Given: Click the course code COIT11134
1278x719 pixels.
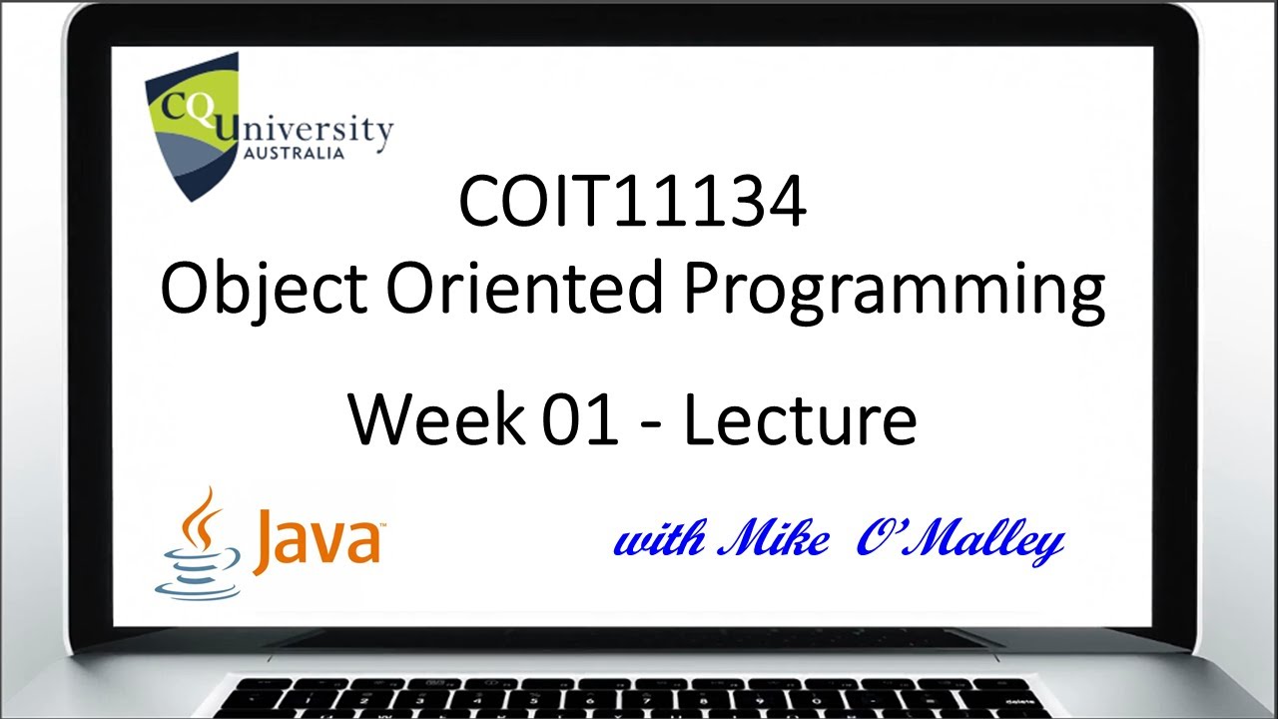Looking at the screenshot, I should click(x=631, y=202).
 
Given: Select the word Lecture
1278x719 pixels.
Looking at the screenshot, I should click(x=800, y=419).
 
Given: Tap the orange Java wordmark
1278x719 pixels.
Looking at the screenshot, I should click(x=317, y=540).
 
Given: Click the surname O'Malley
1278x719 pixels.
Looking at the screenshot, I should click(x=959, y=541).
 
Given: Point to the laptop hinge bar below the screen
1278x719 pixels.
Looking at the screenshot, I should click(x=639, y=638).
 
